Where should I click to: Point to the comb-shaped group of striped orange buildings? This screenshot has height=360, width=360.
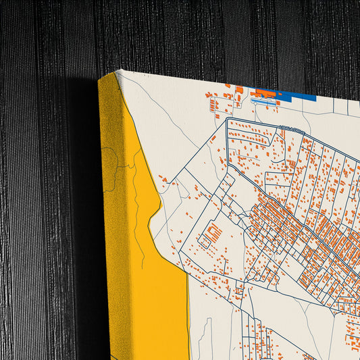coord(213,235)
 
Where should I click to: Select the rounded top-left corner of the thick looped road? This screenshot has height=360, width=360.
coord(229,122)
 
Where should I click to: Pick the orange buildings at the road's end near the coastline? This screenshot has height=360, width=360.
coord(163,180)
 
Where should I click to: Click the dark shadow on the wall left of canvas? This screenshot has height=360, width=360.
coord(81,203)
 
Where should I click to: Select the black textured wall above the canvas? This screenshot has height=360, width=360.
coord(203,34)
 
